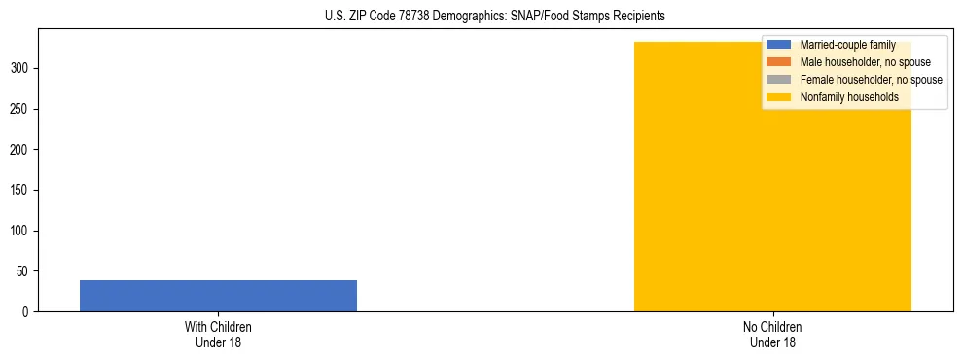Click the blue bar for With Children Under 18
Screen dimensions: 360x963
[x=218, y=296]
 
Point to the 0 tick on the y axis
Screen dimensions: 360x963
[x=28, y=312]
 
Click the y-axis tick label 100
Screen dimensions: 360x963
[x=22, y=231]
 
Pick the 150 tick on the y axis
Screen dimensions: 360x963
[x=22, y=191]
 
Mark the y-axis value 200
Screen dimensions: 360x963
[x=22, y=150]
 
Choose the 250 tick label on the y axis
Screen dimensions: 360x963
[x=22, y=109]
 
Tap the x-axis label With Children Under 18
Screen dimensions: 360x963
[x=218, y=334]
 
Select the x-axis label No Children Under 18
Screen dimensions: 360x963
[x=772, y=334]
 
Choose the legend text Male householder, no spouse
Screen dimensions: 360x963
[x=858, y=62]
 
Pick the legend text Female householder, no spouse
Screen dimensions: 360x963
[x=871, y=80]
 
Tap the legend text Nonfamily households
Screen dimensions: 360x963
[x=848, y=97]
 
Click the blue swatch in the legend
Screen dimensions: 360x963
[x=778, y=45]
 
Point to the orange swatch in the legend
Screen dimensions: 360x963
[x=778, y=62]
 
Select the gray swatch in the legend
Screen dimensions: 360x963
[x=778, y=80]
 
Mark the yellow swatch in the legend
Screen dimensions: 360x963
[x=778, y=97]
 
